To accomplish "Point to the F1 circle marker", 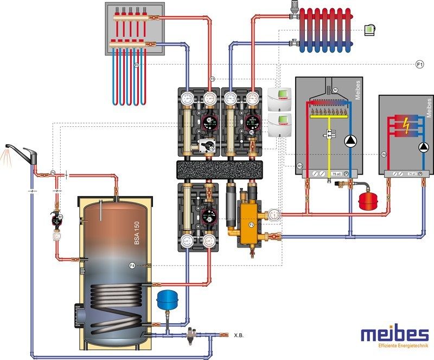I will point(419,65).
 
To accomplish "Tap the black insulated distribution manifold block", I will point(223,170).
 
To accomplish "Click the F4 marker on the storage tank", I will point(132,265).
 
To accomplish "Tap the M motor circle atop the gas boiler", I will point(335,89).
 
